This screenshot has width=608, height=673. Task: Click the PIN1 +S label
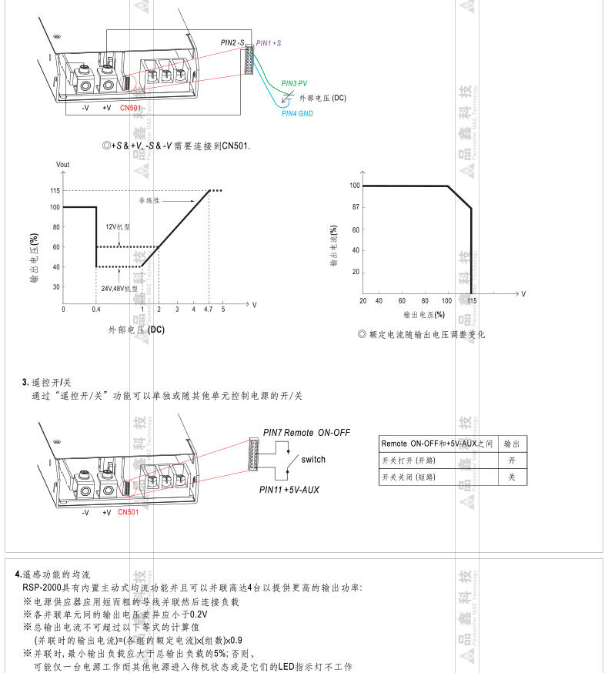[x=269, y=44]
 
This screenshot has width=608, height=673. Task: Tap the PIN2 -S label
[x=233, y=43]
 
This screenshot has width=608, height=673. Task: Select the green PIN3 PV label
[x=294, y=82]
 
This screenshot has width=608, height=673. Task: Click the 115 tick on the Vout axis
[x=55, y=190]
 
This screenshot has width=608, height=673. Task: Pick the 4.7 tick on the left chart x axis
[x=208, y=310]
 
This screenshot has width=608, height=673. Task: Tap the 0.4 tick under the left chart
[x=95, y=310]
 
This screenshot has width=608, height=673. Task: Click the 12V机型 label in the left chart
[x=118, y=227]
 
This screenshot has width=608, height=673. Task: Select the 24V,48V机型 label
[x=119, y=288]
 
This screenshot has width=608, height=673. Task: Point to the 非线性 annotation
[x=149, y=200]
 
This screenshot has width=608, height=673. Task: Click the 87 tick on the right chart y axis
[x=355, y=208]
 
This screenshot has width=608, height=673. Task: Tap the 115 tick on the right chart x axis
[x=471, y=301]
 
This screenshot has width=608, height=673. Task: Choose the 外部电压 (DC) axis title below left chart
[x=137, y=330]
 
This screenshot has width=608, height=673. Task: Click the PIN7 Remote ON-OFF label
[x=306, y=433]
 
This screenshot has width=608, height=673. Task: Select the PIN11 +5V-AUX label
[x=289, y=490]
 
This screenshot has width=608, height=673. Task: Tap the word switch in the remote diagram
[x=313, y=460]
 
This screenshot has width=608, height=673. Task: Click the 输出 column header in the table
[x=511, y=444]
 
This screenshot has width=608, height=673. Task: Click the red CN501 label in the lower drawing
[x=129, y=512]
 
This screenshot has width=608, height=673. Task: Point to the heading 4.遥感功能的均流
[x=53, y=574]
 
